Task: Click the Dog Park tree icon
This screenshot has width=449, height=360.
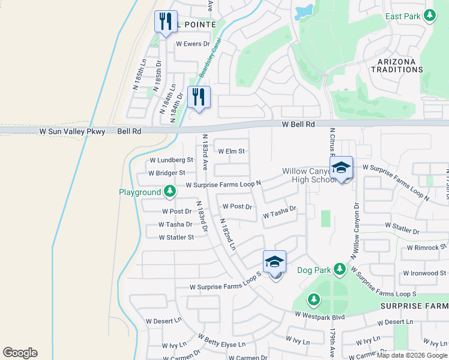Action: coord(340,268)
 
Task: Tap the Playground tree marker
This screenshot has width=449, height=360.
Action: coord(170,191)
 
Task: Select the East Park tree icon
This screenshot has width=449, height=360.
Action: coord(429,16)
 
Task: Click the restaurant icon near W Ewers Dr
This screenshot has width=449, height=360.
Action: coord(164,22)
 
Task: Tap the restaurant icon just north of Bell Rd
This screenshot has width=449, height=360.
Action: coord(199,97)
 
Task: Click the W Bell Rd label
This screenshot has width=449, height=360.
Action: coord(298,124)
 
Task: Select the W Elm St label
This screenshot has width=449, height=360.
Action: coord(231,152)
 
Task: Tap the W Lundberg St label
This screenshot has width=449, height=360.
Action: coord(171,160)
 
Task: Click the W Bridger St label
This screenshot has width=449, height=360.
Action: coord(167,173)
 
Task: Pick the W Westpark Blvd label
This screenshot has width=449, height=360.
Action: coord(319,314)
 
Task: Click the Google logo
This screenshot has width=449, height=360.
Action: coord(20,353)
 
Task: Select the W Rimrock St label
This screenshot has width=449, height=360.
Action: coord(427,247)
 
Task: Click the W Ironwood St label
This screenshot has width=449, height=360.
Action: coord(424,273)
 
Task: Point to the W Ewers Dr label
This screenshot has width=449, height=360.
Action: coord(193,44)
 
